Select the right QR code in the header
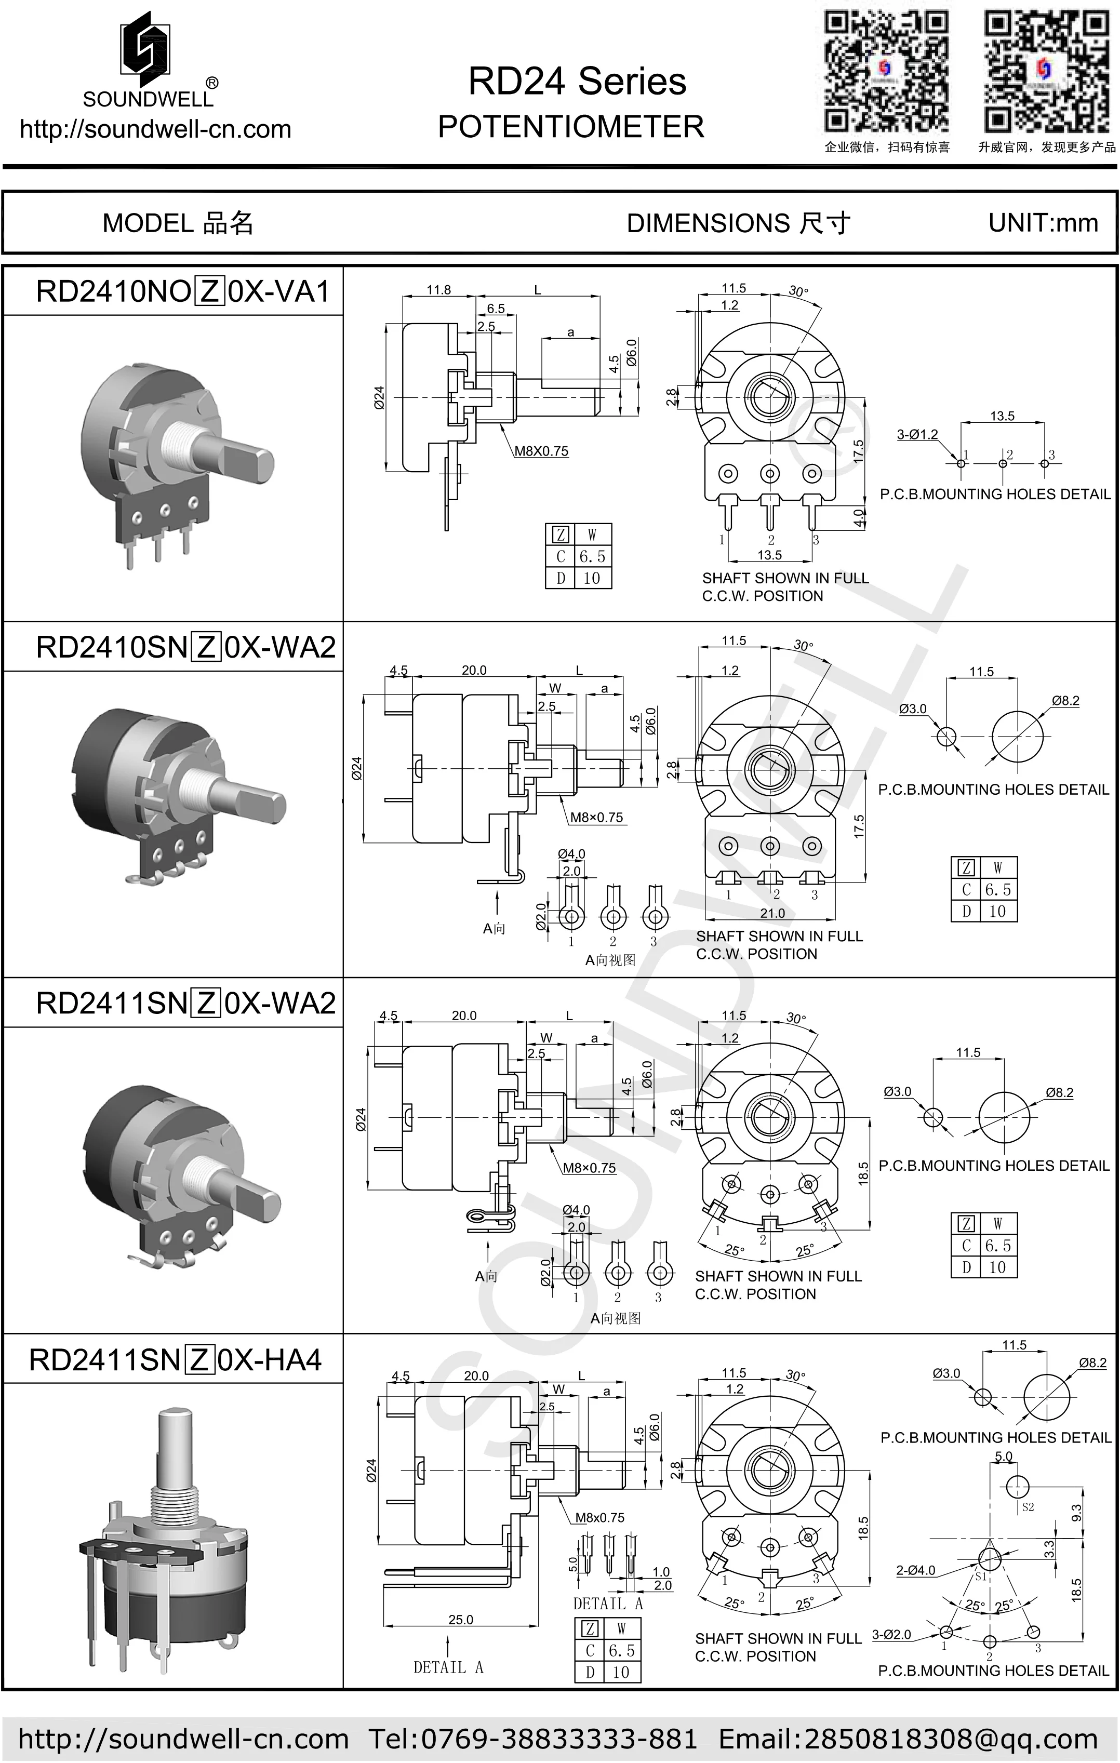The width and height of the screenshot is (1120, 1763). [x=1046, y=71]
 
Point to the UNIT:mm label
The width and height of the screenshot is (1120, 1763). [x=1043, y=222]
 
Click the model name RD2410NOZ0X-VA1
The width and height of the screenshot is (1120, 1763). [x=183, y=291]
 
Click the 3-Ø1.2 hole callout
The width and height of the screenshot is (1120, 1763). [x=917, y=434]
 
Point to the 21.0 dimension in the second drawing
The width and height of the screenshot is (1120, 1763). [x=772, y=913]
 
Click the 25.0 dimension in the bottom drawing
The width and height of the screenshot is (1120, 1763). [x=460, y=1620]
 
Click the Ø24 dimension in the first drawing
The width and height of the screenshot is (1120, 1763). [x=379, y=397]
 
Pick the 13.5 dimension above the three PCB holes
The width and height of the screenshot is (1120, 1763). [x=1002, y=416]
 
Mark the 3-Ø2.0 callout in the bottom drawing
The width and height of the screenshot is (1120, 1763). [x=891, y=1635]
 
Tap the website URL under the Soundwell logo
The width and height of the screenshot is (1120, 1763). [x=155, y=129]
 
